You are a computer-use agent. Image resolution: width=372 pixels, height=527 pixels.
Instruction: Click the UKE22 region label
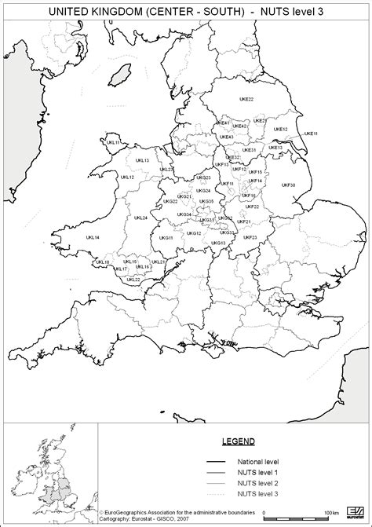[247, 100]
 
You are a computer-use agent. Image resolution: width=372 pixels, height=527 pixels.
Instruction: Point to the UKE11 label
[310, 134]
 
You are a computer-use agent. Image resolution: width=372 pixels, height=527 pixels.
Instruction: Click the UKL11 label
[113, 142]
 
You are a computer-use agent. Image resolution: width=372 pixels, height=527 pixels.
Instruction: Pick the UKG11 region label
[166, 237]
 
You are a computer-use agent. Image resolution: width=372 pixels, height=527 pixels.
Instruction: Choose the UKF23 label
[250, 236]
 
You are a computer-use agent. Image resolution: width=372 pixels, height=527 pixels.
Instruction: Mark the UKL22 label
[133, 279]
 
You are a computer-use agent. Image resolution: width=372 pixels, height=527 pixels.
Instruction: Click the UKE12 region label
[279, 129]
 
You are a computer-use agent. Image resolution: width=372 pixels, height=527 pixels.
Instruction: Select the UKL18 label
[102, 262]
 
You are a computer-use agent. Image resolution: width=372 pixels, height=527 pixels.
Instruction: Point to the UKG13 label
[218, 243]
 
